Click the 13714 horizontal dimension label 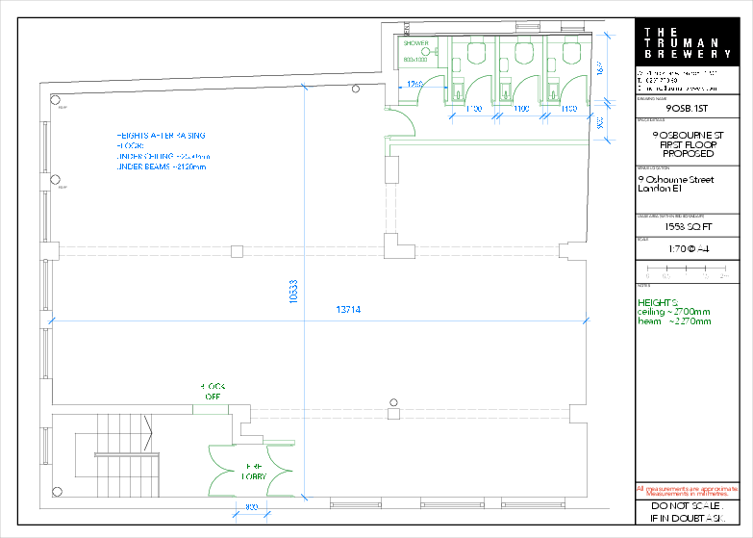348,310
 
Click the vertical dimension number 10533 294,292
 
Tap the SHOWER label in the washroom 415,43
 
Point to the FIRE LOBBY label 254,471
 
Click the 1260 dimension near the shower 414,85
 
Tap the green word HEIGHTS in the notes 658,302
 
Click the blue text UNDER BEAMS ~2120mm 162,167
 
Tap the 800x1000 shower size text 414,60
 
